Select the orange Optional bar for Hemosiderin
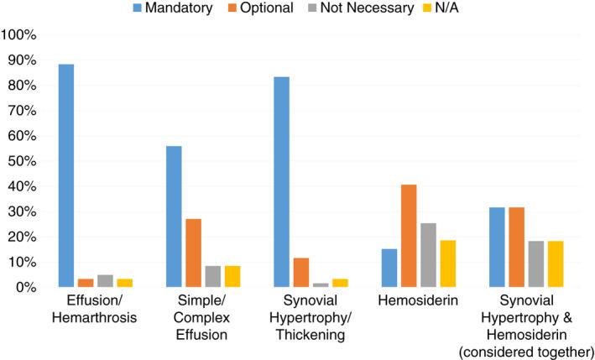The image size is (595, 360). [x=409, y=236]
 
